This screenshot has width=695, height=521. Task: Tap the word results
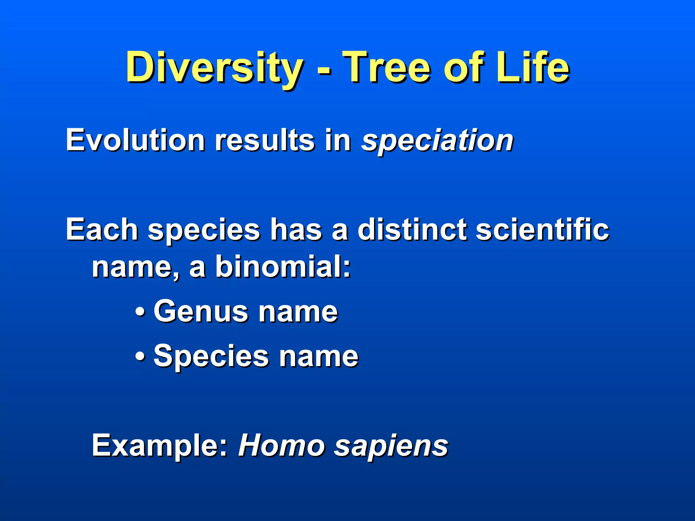[265, 140]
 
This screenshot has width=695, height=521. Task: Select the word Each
[102, 230]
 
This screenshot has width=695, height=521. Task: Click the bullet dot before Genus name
[140, 312]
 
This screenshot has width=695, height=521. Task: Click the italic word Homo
[282, 446]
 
